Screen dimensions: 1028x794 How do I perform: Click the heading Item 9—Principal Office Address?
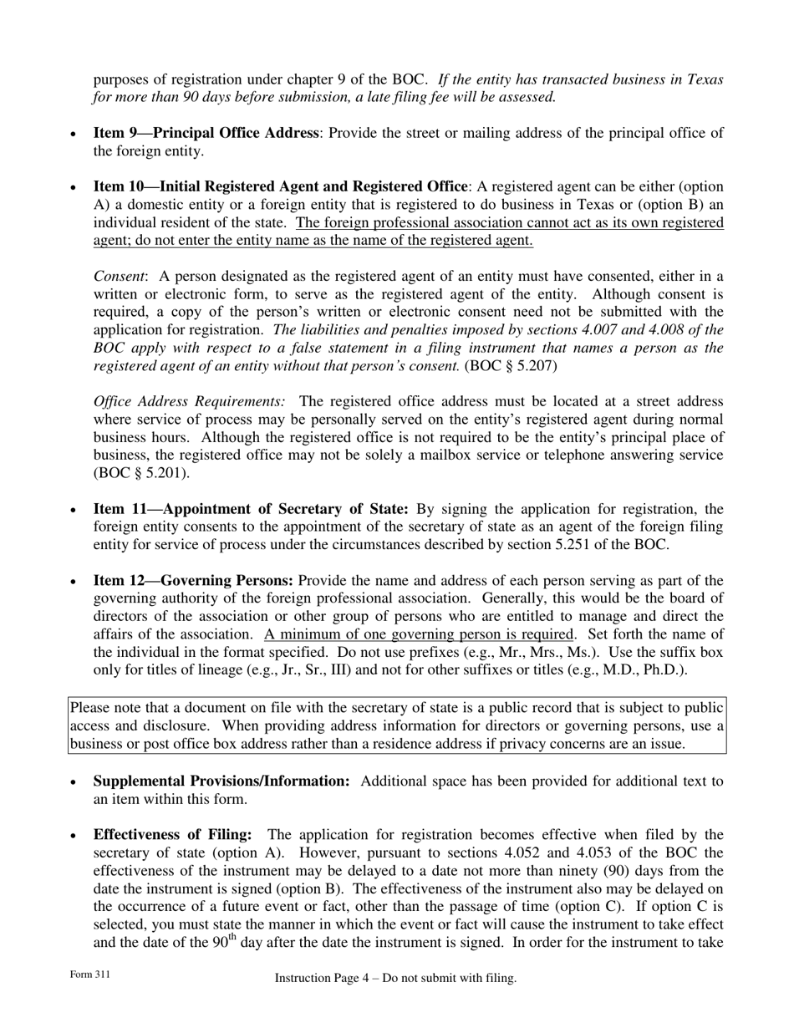(206, 133)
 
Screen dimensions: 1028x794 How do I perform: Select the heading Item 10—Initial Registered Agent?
(280, 186)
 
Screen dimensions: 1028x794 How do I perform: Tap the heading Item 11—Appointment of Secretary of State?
(251, 509)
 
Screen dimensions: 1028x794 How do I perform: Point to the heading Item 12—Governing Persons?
(193, 581)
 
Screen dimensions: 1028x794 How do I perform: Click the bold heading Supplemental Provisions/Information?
(221, 781)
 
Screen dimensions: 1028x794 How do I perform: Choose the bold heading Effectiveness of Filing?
(172, 835)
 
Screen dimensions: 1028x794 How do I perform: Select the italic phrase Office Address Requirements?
(189, 402)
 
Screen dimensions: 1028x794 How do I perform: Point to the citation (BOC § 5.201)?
(141, 473)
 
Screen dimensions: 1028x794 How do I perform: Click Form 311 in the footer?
(89, 975)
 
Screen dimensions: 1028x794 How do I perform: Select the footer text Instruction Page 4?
(324, 978)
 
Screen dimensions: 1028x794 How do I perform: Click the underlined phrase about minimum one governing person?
(419, 634)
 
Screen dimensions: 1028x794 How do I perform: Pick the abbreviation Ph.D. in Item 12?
(664, 670)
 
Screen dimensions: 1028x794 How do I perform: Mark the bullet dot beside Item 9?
(74, 135)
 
